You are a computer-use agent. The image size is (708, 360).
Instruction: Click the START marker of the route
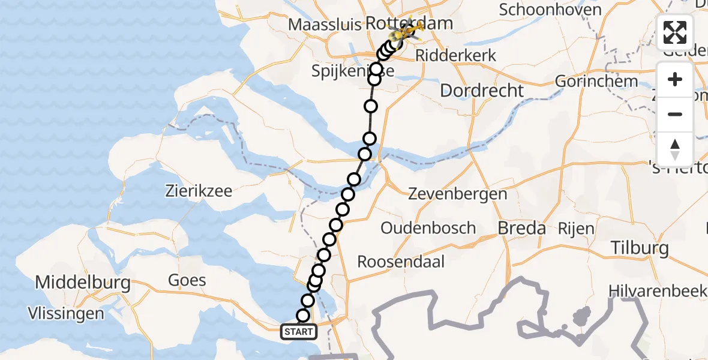coord(298,332)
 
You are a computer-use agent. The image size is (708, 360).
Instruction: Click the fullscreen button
coord(675,32)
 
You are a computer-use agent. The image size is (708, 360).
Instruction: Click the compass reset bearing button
coord(675,148)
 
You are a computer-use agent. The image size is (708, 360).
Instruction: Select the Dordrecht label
coord(482,91)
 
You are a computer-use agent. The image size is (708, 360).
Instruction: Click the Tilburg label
coord(639,248)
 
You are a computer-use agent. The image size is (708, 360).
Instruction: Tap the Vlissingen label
coord(65,313)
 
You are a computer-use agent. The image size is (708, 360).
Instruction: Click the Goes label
coord(187,280)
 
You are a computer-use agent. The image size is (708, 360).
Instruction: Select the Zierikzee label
coord(199,192)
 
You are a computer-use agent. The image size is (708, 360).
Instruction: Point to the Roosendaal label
coord(401,262)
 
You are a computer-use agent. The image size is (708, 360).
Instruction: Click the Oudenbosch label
coord(428,228)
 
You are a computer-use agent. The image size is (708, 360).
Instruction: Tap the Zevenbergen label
coord(457,194)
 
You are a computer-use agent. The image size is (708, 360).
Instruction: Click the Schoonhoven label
coord(550,10)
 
